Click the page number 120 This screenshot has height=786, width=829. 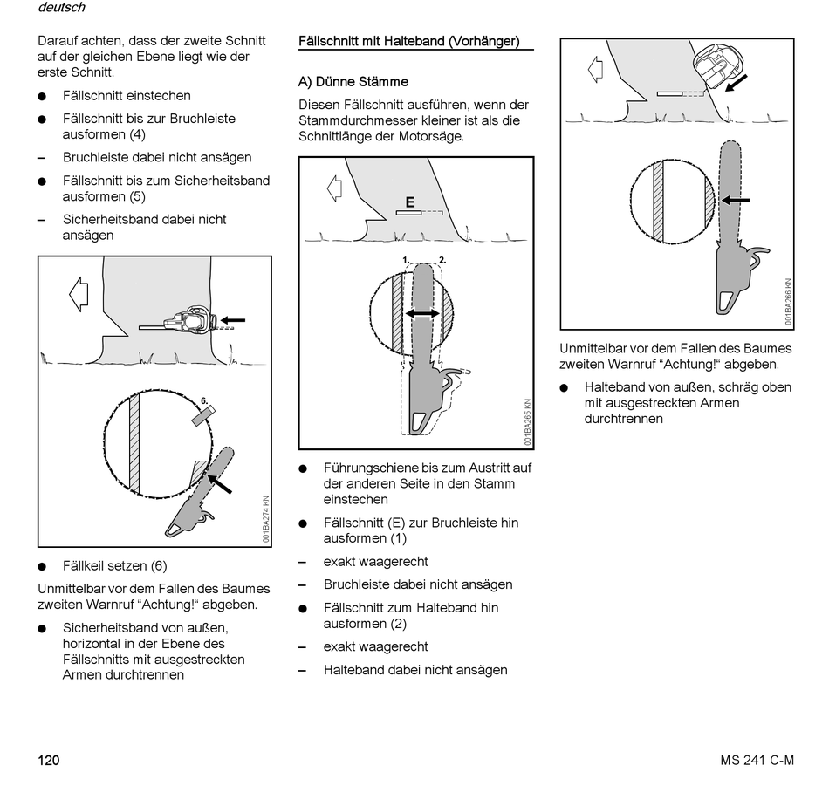[48, 761]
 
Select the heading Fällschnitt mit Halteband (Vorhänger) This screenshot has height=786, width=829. [408, 41]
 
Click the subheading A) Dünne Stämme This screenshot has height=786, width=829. [353, 82]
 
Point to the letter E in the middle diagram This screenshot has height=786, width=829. [410, 202]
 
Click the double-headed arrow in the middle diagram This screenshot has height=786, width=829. [421, 313]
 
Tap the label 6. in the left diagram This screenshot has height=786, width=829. [205, 402]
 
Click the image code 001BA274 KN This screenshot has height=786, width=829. [266, 520]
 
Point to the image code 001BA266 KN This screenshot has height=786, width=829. [787, 302]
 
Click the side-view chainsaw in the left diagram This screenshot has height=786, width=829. [188, 321]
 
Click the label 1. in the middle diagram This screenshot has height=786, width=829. [406, 260]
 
